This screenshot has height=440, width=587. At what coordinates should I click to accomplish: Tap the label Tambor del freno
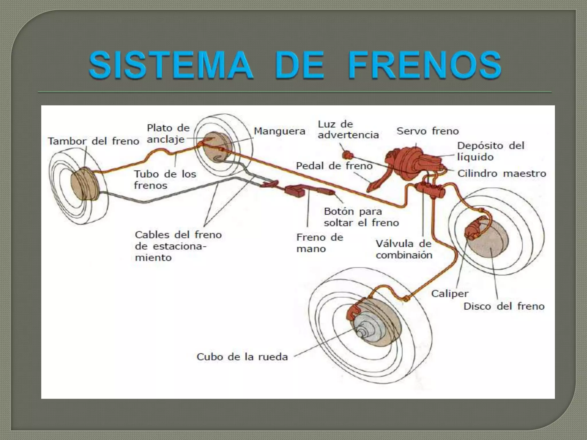(93, 141)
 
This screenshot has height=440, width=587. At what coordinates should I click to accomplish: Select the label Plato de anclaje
(168, 133)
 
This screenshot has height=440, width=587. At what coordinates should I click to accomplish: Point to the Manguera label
(279, 131)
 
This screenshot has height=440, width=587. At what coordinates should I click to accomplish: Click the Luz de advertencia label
(348, 129)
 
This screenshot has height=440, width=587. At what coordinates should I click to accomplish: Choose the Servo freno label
(427, 131)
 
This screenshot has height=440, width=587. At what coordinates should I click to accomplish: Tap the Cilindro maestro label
(502, 173)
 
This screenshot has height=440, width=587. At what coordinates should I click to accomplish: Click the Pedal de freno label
(334, 166)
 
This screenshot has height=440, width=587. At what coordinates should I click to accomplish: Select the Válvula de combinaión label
(404, 249)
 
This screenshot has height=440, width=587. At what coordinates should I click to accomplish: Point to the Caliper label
(450, 293)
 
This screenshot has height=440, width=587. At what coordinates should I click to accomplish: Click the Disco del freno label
(504, 306)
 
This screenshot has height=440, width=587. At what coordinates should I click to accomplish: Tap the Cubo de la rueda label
(242, 357)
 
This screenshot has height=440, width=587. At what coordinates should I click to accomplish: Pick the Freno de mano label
(319, 243)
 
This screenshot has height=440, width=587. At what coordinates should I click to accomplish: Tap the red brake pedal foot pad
(371, 187)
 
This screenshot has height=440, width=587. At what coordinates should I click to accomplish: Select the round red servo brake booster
(401, 163)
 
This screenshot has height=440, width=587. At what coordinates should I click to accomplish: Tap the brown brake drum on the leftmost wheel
(84, 183)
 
